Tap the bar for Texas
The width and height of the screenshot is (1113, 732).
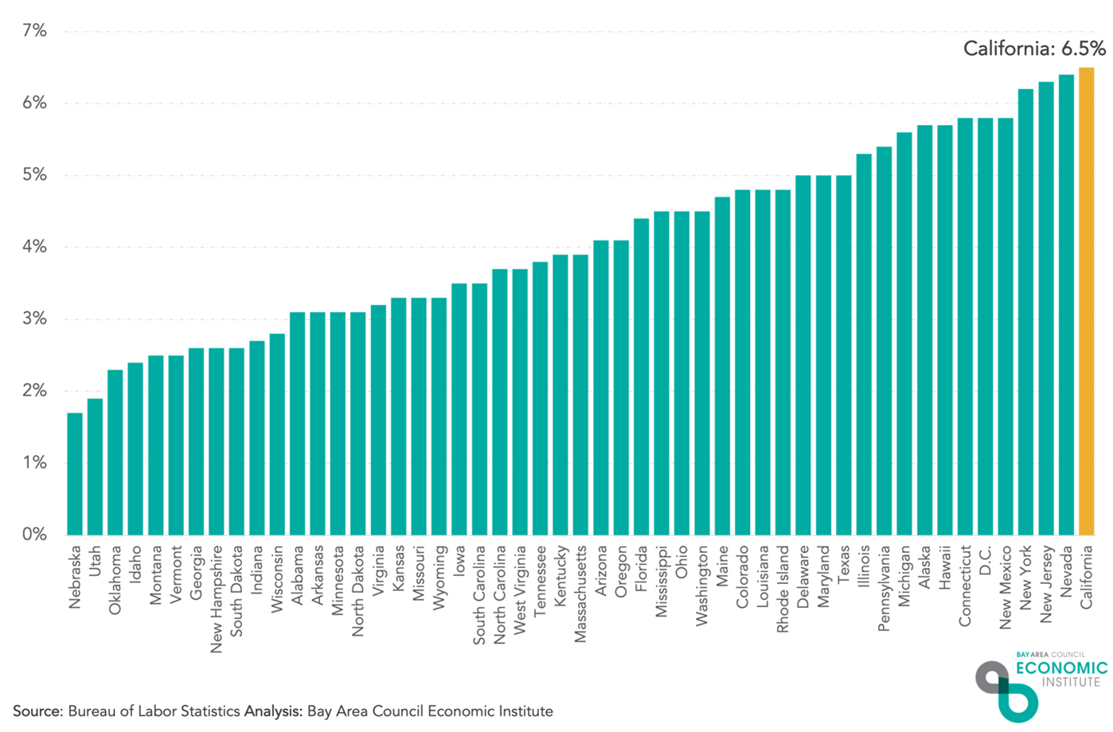click(844, 355)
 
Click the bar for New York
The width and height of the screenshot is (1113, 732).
click(1025, 312)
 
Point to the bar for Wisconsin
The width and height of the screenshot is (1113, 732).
click(277, 434)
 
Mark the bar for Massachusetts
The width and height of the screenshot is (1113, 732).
click(580, 395)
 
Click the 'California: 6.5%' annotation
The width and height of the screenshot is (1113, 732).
click(1033, 49)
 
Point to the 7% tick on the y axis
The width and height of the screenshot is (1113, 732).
click(33, 31)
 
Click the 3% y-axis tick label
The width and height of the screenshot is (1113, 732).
click(33, 319)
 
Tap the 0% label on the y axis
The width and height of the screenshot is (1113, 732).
click(33, 535)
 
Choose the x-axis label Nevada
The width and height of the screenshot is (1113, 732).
click(1066, 567)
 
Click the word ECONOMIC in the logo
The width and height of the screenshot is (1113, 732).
click(1060, 668)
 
